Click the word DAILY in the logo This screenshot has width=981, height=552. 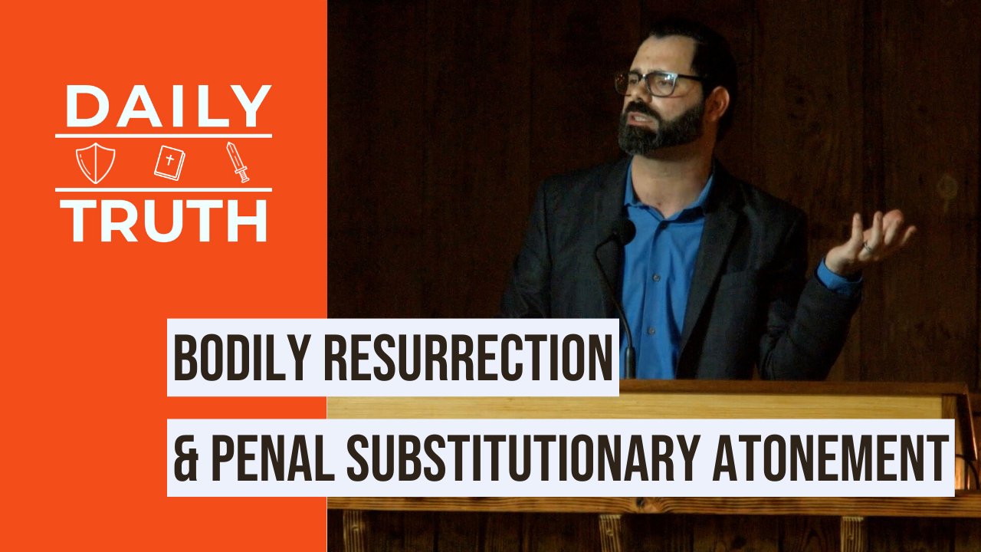(x=168, y=107)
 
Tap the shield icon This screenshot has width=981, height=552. (x=96, y=163)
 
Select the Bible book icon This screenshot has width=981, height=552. (x=169, y=162)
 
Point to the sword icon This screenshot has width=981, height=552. (x=238, y=162)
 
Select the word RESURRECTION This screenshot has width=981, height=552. (x=468, y=358)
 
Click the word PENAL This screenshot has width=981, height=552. (x=273, y=458)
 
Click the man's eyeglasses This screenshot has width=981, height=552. (x=657, y=84)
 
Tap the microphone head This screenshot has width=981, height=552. (x=623, y=232)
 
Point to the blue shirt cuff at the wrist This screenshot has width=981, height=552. (x=838, y=278)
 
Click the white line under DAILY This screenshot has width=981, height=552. (x=164, y=136)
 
